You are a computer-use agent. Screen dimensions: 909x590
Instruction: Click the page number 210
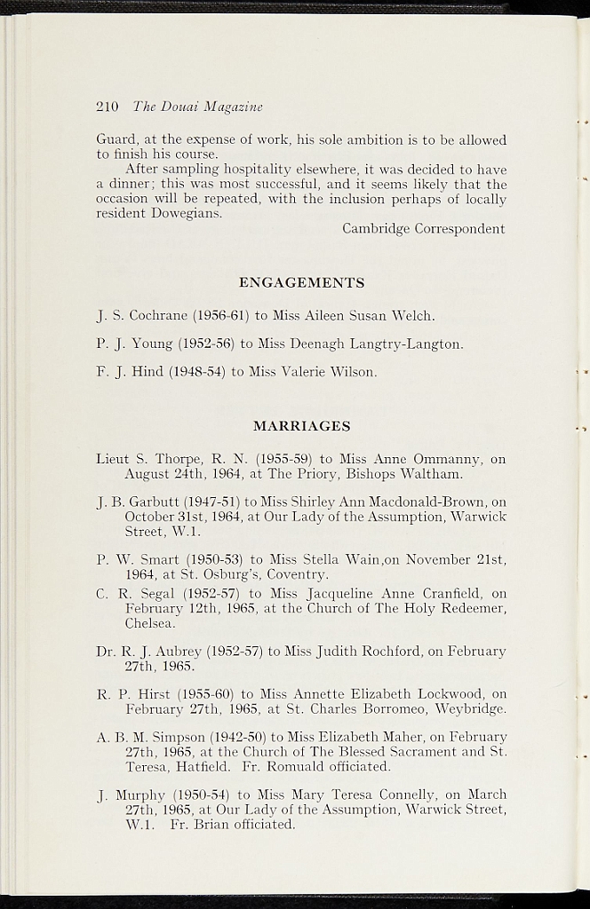coord(108,107)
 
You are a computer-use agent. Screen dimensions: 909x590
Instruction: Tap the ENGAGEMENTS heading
coord(302,283)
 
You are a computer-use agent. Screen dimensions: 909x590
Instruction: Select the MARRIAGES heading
coord(302,426)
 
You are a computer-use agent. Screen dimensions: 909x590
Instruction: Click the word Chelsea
coord(148,623)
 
